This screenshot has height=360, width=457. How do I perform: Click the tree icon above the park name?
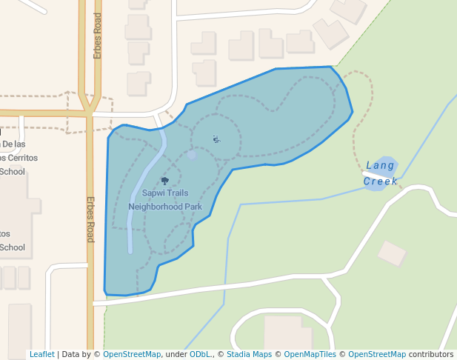164,181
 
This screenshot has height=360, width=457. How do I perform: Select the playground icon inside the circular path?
216,139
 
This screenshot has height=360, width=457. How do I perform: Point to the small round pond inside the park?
192,155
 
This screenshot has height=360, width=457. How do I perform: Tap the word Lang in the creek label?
381,165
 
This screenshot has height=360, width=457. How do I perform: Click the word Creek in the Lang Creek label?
381,181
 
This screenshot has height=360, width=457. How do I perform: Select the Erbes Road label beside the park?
90,219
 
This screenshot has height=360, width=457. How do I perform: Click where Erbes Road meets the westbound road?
89,113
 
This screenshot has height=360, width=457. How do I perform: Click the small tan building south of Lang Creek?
392,253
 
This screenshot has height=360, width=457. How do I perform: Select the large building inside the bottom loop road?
287,333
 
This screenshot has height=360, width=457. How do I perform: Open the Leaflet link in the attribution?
41,354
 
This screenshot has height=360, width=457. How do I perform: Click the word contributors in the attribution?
431,354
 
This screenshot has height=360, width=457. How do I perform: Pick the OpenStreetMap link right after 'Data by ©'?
132,354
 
